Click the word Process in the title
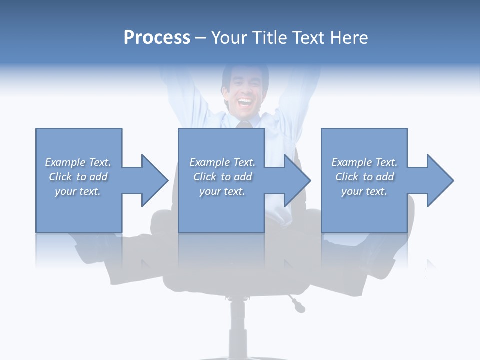pyautogui.click(x=157, y=38)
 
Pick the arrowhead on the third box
pyautogui.click(x=439, y=180)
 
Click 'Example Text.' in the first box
pyautogui.click(x=78, y=162)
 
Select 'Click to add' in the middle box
pyautogui.click(x=222, y=177)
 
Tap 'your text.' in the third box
pyautogui.click(x=364, y=191)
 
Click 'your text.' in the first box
pyautogui.click(x=78, y=191)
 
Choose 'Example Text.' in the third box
pyautogui.click(x=364, y=162)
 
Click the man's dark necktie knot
pyautogui.click(x=244, y=124)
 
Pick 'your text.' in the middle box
pyautogui.click(x=222, y=191)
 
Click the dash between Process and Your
pyautogui.click(x=201, y=38)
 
